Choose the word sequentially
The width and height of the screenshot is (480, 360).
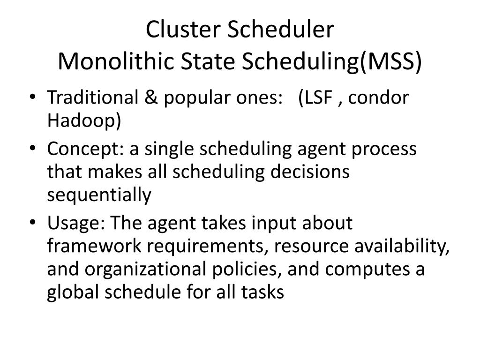(x=99, y=195)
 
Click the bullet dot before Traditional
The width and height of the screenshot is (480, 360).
(x=37, y=99)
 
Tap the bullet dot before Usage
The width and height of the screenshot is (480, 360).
(x=37, y=224)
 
